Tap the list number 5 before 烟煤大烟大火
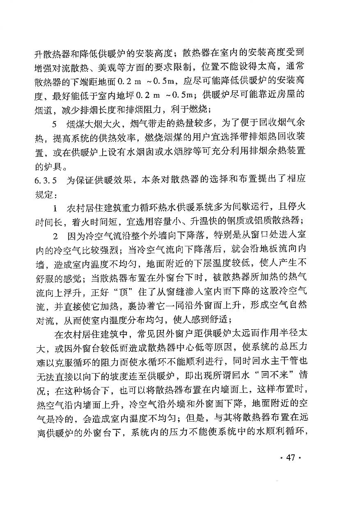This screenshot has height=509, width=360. point(55,124)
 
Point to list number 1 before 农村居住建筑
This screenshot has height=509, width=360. point(55,207)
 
